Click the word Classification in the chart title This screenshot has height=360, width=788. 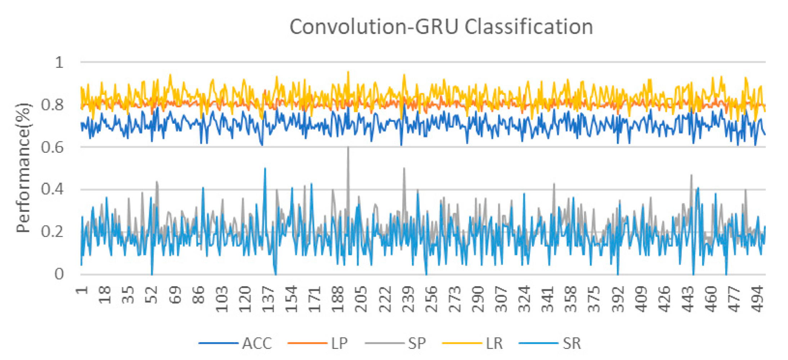click(528, 27)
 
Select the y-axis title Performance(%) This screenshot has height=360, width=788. click(24, 168)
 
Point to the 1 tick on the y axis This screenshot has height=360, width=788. click(59, 62)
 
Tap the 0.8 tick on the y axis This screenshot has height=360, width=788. click(53, 105)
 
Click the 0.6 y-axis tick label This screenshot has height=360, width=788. click(53, 147)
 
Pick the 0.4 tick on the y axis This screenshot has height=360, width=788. click(53, 189)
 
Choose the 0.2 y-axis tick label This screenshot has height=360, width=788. click(53, 232)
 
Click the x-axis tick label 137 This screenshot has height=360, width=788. click(269, 299)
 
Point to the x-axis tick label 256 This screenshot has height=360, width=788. click(431, 299)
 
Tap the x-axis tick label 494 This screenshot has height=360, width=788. click(758, 299)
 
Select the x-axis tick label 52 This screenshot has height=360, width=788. click(153, 295)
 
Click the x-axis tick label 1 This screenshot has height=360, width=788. click(82, 290)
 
